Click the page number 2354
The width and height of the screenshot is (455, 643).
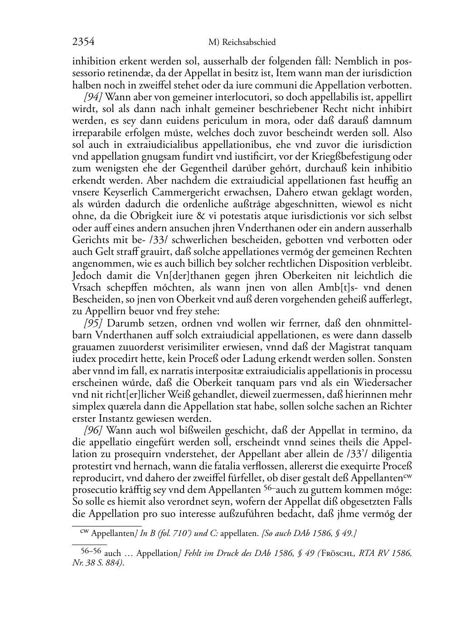[83, 42]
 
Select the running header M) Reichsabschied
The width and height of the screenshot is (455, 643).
[242, 43]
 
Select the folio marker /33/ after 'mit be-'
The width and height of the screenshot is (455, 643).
[147, 240]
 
